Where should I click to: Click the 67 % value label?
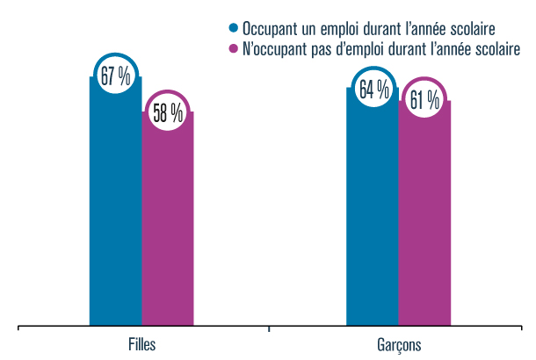tap(115, 76)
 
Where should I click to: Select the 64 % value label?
tap(373, 90)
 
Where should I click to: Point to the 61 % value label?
tap(424, 101)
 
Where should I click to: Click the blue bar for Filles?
tap(115, 211)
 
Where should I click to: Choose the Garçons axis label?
tap(398, 344)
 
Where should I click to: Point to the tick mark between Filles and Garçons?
tap(268, 329)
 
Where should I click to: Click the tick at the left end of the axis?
tap(18, 329)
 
